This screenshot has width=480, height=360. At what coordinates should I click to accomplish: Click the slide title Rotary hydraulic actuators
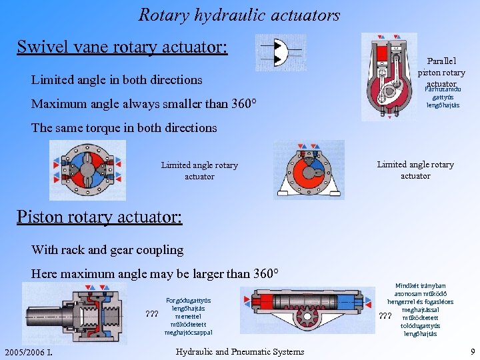239,15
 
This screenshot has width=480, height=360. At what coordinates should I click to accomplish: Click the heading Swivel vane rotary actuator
123,47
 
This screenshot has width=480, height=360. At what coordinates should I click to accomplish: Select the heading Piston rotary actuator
99,217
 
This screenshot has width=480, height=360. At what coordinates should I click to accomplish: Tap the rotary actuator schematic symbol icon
280,53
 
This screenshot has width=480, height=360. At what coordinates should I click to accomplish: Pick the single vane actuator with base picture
309,170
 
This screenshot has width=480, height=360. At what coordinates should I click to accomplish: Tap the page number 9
472,351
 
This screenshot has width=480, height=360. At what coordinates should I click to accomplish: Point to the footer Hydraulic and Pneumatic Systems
240,351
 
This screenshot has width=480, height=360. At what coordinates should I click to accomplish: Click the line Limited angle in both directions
117,80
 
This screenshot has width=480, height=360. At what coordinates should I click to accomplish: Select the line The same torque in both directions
124,127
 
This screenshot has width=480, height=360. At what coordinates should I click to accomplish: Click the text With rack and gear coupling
107,250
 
